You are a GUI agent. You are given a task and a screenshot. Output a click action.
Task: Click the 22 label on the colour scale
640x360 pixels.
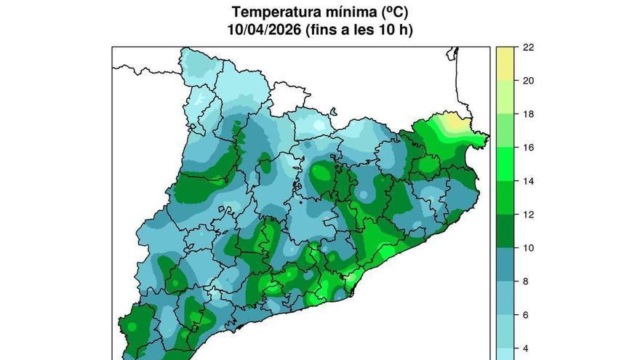point(529,47)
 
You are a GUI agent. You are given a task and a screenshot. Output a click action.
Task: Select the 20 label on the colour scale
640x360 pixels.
point(529,81)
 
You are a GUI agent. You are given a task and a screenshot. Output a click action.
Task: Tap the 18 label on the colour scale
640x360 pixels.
point(529,114)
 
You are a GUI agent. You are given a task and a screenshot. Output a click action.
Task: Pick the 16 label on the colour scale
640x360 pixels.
point(529,148)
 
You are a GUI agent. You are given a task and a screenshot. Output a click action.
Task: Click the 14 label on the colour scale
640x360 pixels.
point(529,181)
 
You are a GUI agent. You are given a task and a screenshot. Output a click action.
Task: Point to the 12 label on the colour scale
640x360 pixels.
point(529,215)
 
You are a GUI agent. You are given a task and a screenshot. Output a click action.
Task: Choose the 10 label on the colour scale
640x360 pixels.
point(529,248)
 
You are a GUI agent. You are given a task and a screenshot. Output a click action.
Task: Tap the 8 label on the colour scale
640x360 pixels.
point(526,281)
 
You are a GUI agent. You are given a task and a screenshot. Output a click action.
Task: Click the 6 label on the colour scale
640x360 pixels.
point(526,315)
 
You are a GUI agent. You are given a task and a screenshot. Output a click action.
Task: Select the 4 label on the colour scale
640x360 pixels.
point(526,348)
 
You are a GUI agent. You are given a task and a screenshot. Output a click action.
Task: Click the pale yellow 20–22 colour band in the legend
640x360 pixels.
point(505,64)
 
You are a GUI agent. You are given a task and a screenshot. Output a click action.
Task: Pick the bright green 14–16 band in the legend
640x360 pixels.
point(505,164)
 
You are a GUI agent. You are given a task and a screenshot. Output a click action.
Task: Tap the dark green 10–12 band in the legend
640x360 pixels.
point(505,231)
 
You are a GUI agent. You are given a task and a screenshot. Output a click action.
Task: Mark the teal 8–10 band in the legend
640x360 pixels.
point(505,265)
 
